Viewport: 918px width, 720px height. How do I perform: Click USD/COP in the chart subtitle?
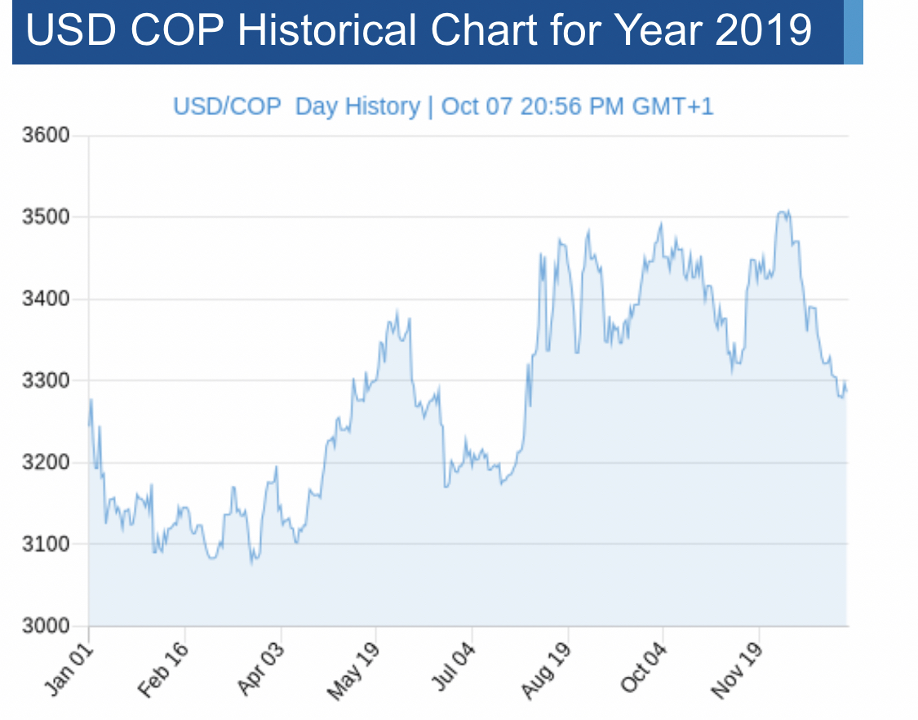pos(227,107)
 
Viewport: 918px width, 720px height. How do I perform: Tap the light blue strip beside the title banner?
pos(853,32)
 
